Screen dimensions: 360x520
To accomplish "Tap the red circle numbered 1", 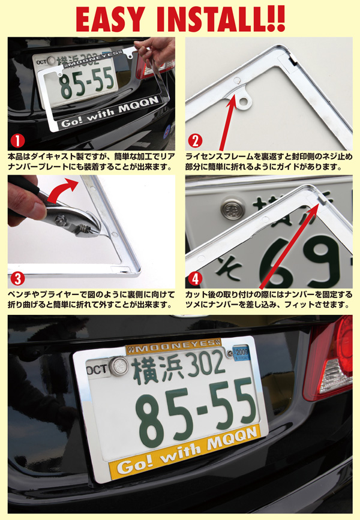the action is point(17,141).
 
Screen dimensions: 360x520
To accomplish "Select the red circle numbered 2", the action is point(195,141).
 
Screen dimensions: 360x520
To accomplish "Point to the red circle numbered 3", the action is point(17,278).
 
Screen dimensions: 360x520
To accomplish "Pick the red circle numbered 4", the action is point(195,278).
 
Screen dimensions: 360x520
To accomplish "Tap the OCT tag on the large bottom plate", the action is point(97,369).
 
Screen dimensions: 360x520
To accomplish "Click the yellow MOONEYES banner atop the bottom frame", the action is point(173,347).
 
